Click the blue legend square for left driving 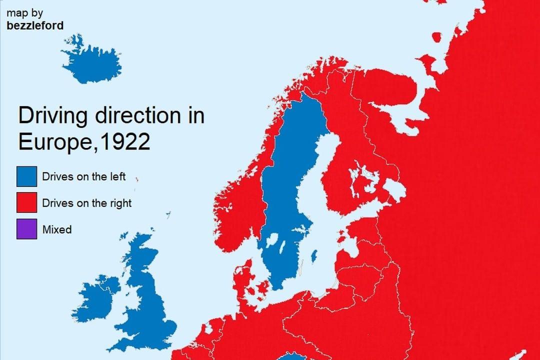[x=26, y=176]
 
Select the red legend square [x=26, y=203]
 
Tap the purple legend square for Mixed [x=26, y=229]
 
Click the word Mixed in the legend [x=57, y=229]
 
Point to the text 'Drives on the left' [x=83, y=176]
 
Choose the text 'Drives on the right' [x=86, y=203]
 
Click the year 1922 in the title [x=125, y=142]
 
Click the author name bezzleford [x=35, y=25]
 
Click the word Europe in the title [x=54, y=142]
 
